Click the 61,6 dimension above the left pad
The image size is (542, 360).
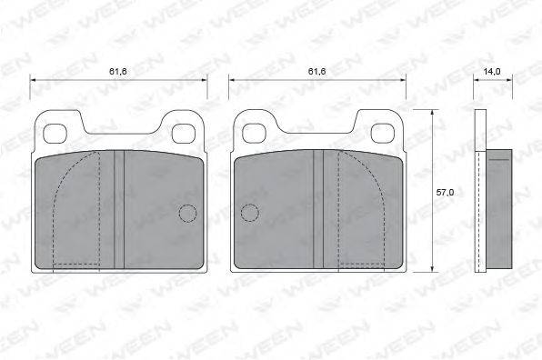(x=118, y=72)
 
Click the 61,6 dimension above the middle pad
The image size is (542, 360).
(x=317, y=72)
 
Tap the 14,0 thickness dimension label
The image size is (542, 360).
(x=492, y=72)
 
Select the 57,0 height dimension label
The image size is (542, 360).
(x=445, y=193)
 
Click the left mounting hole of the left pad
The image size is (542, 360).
(x=55, y=134)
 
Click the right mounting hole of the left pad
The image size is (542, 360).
(x=182, y=134)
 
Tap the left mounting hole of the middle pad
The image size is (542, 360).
(x=254, y=134)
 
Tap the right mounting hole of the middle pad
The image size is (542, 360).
(x=382, y=134)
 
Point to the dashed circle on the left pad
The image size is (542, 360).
(x=187, y=213)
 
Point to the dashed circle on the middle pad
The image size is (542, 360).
(x=250, y=213)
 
